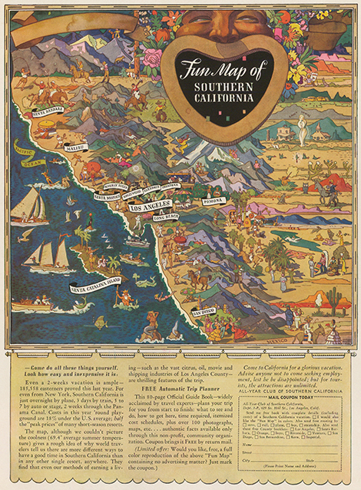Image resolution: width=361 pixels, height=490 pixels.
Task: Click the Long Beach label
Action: click(x=165, y=217)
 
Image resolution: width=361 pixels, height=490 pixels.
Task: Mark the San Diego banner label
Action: click(x=204, y=312)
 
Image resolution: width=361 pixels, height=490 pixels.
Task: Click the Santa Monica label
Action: click(x=107, y=197)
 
